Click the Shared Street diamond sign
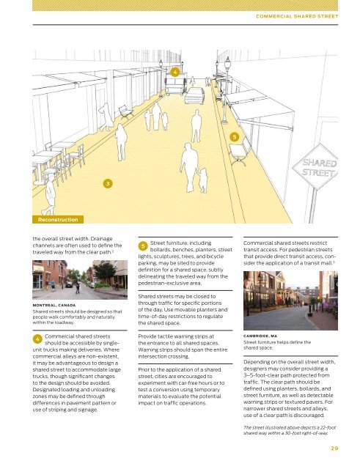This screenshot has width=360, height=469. click(316, 167)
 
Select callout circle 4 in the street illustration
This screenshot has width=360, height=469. click(175, 73)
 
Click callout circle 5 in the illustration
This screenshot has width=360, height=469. click(234, 137)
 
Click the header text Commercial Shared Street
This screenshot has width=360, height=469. click(301, 15)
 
